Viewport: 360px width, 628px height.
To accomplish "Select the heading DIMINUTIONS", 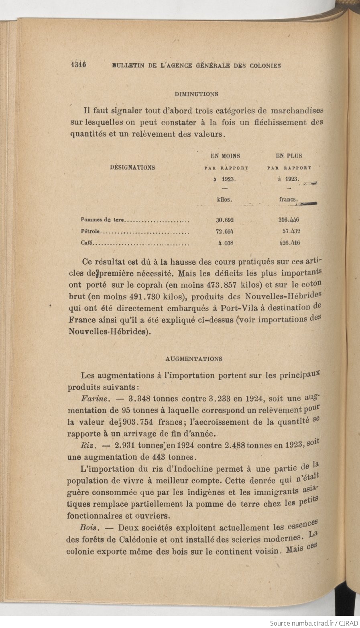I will [x=196, y=94].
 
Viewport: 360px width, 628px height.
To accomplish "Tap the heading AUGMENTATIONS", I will [x=194, y=359].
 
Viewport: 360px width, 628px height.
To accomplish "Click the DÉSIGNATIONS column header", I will [x=132, y=168].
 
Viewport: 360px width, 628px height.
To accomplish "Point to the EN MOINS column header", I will [x=225, y=156].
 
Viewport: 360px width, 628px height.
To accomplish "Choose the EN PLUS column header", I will [x=289, y=156].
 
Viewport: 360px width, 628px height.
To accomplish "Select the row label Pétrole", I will [x=91, y=231].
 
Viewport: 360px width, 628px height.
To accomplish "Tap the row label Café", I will [x=87, y=243].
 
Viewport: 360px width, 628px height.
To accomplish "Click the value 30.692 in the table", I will [x=225, y=220].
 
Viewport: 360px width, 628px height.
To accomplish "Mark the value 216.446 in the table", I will [x=289, y=220].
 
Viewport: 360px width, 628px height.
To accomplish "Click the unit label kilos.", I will [x=225, y=200].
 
